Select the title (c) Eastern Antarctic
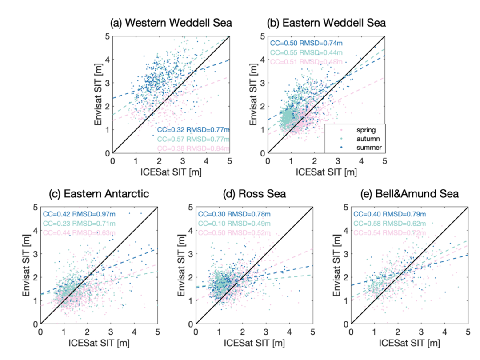99,195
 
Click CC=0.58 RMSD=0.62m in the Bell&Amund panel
388,224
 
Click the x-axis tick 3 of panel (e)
422,332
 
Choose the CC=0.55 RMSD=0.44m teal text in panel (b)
306,52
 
